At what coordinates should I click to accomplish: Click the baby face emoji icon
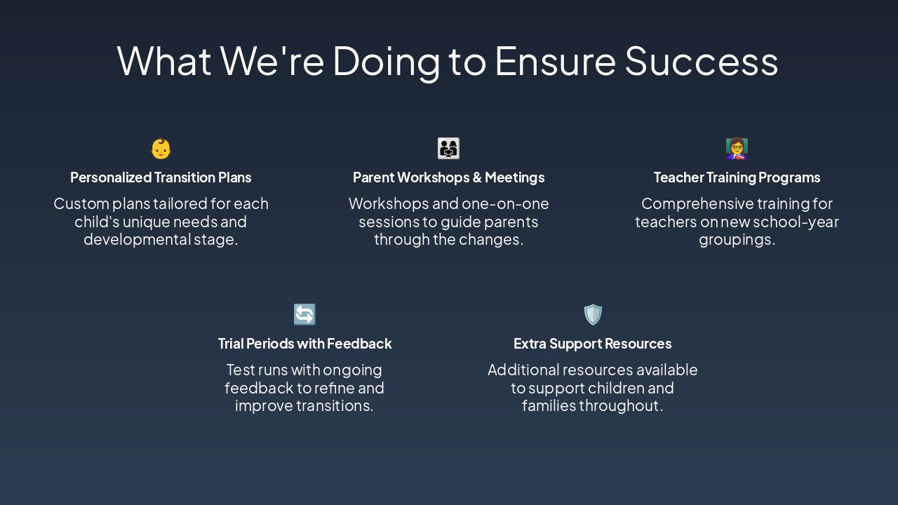tap(161, 149)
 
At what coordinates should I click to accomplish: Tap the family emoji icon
tap(448, 148)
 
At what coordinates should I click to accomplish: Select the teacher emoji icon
tap(737, 148)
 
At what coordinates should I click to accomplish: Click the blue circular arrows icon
tap(304, 314)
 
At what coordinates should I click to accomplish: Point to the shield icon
tap(593, 314)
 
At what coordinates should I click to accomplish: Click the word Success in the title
tap(702, 61)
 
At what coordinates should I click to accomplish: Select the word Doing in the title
tap(387, 62)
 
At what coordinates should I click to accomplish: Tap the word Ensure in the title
tap(555, 61)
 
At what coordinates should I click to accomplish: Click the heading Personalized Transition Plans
tap(161, 177)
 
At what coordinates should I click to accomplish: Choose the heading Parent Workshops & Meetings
tap(448, 177)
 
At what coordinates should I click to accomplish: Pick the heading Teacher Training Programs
tap(737, 177)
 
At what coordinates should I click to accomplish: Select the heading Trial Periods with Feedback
tap(304, 344)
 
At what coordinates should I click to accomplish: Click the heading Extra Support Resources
tap(593, 344)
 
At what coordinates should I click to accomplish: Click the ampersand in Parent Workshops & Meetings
tap(477, 177)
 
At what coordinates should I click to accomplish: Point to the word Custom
tap(81, 203)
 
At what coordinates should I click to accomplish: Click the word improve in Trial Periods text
tap(264, 406)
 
